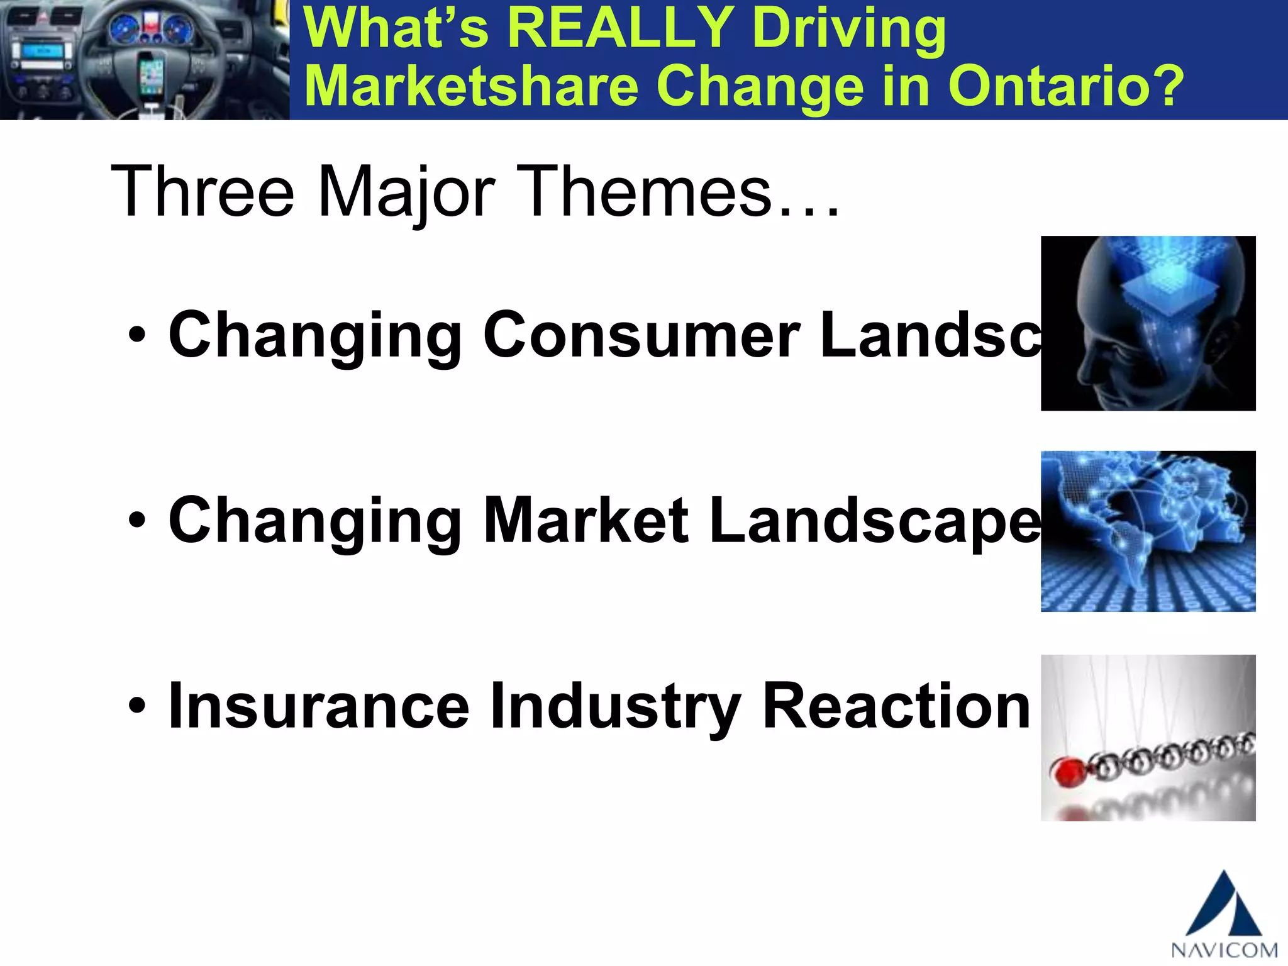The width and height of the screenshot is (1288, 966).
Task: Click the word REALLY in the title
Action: (620, 28)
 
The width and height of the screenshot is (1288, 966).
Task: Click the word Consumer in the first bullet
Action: (642, 336)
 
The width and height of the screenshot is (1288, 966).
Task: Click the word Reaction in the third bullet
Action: (896, 707)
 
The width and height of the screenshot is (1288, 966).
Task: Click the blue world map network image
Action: (1148, 531)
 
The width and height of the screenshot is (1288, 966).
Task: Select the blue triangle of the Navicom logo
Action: (1223, 906)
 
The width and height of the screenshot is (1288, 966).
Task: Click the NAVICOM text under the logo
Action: (1224, 950)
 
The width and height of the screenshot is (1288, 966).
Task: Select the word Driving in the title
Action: (848, 28)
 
